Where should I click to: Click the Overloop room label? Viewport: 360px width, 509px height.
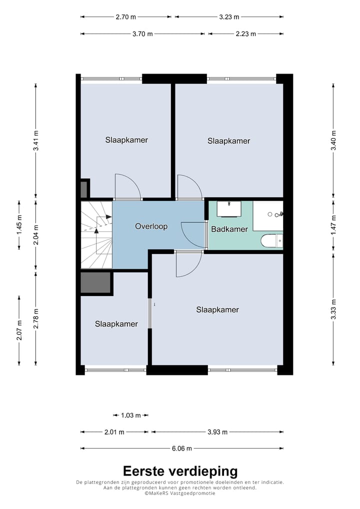point(151,226)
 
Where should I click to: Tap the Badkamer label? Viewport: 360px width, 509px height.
point(229,229)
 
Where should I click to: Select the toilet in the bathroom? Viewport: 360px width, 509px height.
point(271,241)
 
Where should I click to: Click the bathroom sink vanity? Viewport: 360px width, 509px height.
point(229,208)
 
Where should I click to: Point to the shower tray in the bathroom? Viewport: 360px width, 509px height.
point(268,216)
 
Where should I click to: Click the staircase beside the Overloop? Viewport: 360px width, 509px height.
point(96,234)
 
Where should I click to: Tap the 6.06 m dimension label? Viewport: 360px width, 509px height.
point(182,448)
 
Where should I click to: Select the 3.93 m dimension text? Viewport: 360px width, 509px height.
point(217,432)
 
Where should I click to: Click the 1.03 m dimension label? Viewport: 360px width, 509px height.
point(131,415)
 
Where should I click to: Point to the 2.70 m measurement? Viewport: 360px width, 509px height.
point(125,17)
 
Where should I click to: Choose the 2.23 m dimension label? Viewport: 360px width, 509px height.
point(245,34)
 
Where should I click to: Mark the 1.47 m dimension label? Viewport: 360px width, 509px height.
point(333,225)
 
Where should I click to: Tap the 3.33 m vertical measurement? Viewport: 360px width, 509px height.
point(333,309)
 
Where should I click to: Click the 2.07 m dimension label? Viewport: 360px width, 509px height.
point(19,330)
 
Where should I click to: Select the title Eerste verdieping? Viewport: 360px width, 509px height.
point(180,471)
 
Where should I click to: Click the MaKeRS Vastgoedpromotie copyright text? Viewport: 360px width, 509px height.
point(180,493)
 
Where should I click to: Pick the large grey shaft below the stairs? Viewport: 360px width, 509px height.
point(95,282)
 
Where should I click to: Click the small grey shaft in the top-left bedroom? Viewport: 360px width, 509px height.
point(84,189)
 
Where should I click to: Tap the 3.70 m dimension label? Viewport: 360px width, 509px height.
point(142,34)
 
